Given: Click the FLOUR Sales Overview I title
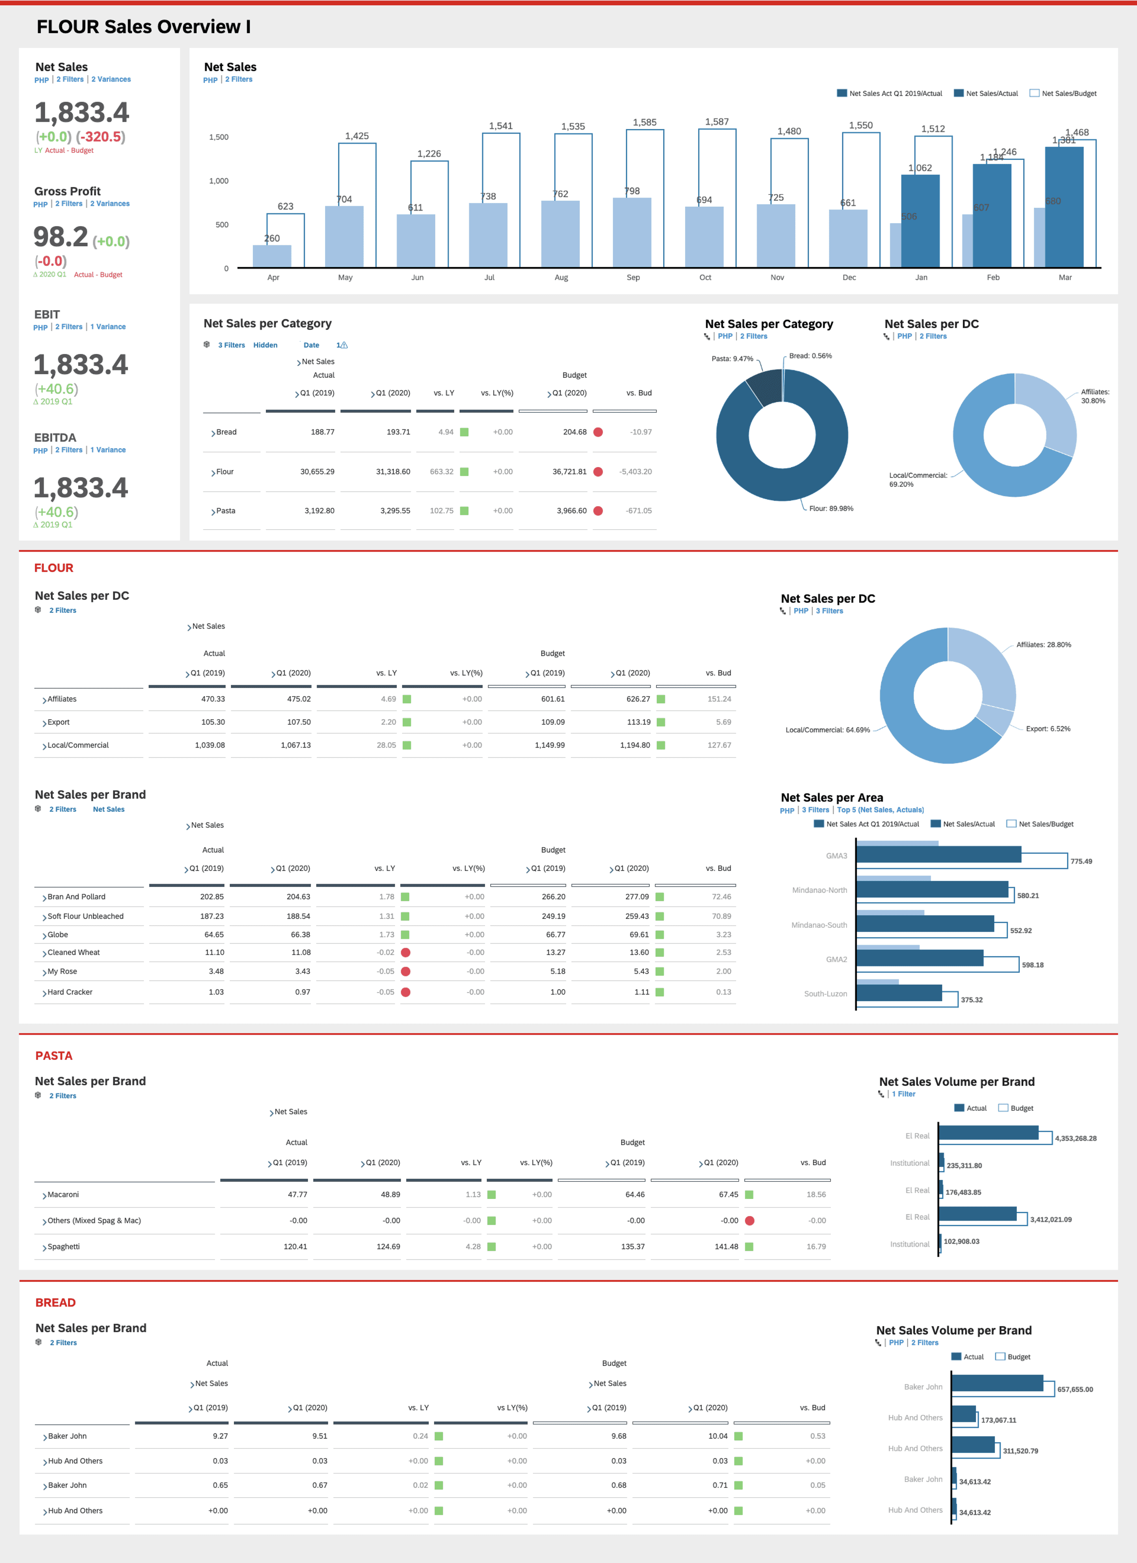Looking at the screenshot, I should click(x=143, y=27).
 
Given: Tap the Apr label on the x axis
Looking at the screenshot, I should click(x=273, y=278).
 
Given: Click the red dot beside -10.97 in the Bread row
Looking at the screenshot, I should click(x=598, y=432).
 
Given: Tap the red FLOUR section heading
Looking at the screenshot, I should click(x=54, y=568).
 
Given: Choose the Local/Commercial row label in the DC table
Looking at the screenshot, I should click(x=78, y=746).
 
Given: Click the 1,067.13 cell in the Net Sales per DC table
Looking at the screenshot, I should click(x=295, y=746).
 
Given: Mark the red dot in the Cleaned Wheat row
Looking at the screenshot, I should click(x=406, y=953).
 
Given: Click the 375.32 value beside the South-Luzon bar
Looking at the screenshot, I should click(x=972, y=1000).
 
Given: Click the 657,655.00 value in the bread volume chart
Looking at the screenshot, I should click(x=1074, y=1389).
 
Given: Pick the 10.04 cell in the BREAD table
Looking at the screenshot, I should click(x=717, y=1436).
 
